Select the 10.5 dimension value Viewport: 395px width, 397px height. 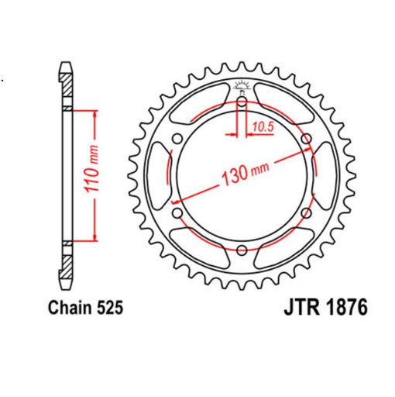pyautogui.click(x=262, y=123)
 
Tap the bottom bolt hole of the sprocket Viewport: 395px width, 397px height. pyautogui.click(x=242, y=250)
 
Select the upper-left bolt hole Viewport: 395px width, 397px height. pyautogui.click(x=178, y=139)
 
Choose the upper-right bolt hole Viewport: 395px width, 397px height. pyautogui.click(x=307, y=139)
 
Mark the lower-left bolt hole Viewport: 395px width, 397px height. pyautogui.click(x=178, y=212)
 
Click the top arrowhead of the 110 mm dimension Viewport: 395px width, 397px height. pyautogui.click(x=96, y=113)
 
